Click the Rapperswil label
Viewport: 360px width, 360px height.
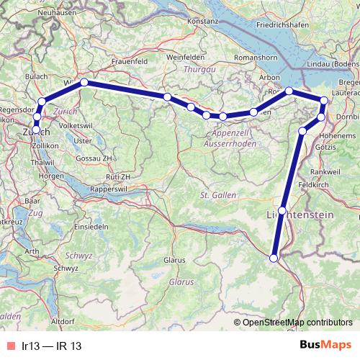click(x=109, y=189)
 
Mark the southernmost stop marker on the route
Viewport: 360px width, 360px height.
click(x=274, y=258)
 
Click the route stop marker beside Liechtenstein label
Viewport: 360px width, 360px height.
click(x=282, y=210)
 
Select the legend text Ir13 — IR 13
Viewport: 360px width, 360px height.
click(x=51, y=346)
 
